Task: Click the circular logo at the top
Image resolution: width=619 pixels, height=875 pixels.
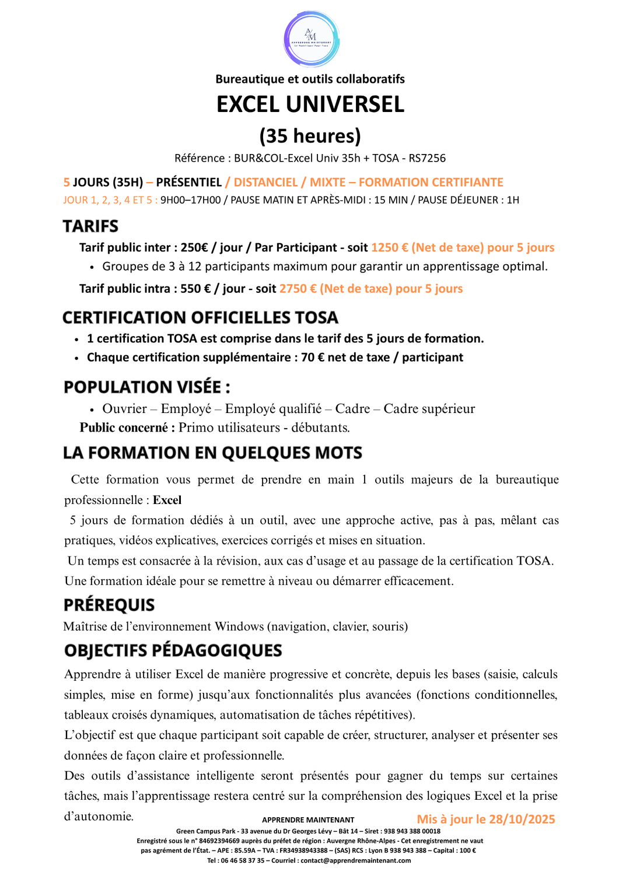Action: point(311,39)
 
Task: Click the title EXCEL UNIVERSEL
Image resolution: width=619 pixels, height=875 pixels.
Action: point(310,104)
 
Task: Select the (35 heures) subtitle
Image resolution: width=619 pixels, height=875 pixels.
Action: point(310,136)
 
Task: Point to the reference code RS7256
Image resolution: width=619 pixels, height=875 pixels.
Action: point(427,158)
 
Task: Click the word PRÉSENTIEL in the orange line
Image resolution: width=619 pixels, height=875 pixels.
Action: point(188,183)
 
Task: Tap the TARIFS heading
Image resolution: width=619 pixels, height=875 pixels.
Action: point(90,226)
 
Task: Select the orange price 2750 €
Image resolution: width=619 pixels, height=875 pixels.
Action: point(298,289)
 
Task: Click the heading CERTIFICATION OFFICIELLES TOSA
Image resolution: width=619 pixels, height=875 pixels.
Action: point(200,318)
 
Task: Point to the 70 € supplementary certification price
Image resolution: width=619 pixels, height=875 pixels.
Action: point(313,358)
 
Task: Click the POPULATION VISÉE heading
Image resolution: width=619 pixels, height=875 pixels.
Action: point(146,387)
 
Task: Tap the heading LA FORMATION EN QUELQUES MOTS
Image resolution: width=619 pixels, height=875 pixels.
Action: point(212,453)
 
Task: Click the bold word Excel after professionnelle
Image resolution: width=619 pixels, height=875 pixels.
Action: point(167,500)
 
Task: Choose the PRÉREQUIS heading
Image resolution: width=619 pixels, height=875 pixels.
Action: point(109,605)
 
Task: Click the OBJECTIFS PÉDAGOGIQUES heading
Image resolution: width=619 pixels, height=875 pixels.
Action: point(173,650)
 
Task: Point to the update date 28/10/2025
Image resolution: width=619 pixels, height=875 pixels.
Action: point(522,819)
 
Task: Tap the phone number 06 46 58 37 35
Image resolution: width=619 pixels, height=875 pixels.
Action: point(242,860)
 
